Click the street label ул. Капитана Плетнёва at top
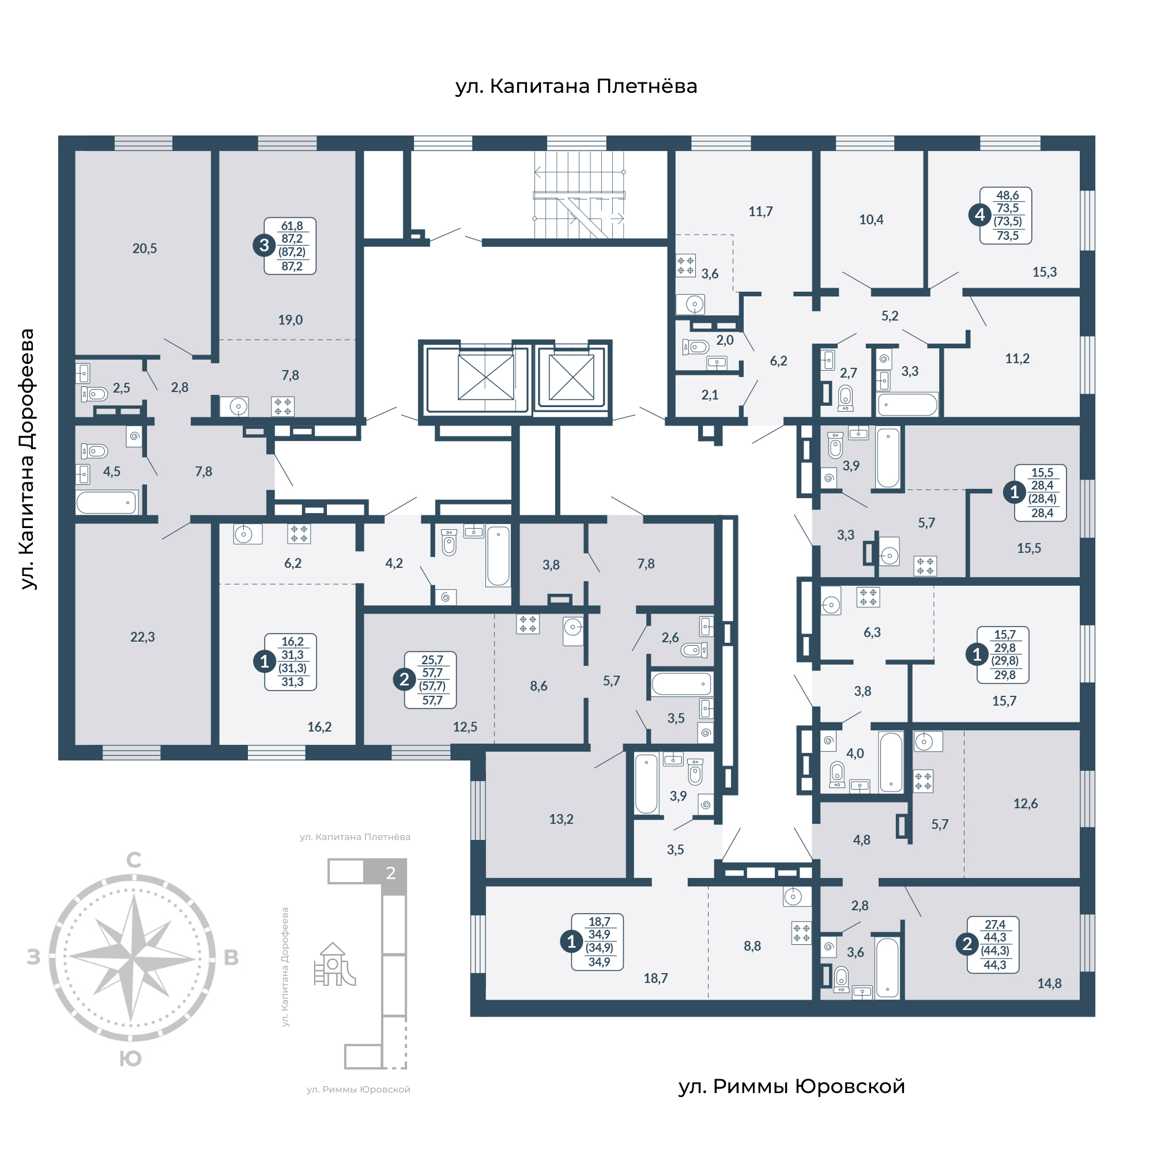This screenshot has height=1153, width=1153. (x=576, y=86)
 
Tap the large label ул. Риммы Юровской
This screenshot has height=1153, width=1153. (x=792, y=1087)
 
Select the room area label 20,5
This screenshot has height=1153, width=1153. (x=145, y=248)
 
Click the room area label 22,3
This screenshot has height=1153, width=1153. (x=142, y=637)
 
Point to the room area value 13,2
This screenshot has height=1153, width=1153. (x=561, y=819)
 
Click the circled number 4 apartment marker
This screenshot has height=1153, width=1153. (x=979, y=215)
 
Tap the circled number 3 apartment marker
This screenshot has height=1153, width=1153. (x=264, y=245)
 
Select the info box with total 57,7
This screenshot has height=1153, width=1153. (x=430, y=680)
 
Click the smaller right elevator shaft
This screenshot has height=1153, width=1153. (x=571, y=376)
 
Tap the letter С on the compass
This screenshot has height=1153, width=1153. (x=134, y=860)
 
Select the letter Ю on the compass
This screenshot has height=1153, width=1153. (x=131, y=1058)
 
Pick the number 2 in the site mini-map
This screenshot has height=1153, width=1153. (x=391, y=873)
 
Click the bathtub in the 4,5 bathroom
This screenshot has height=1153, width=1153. (x=107, y=503)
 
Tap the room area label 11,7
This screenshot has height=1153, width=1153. (x=760, y=211)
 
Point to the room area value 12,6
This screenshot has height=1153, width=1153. (x=1025, y=803)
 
